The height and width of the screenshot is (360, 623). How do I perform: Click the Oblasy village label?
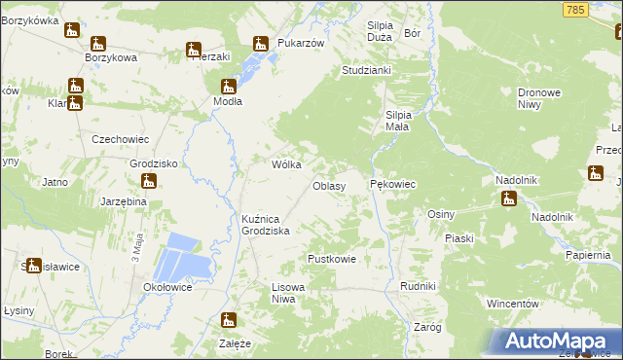[329, 185]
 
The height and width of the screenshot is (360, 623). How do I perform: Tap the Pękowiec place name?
[393, 183]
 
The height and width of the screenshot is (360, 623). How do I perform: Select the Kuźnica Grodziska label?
[267, 225]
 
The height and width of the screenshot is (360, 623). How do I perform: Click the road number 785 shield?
[575, 9]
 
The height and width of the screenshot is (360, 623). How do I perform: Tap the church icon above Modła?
[228, 86]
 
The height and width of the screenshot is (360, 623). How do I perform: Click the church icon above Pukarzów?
[260, 43]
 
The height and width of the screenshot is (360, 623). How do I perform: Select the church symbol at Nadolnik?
[508, 199]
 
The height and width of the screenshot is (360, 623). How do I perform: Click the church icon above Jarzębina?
[149, 181]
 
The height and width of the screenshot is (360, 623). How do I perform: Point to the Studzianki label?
[366, 71]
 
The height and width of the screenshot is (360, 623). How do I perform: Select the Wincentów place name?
[513, 304]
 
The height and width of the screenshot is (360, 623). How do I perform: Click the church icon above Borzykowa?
[97, 43]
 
